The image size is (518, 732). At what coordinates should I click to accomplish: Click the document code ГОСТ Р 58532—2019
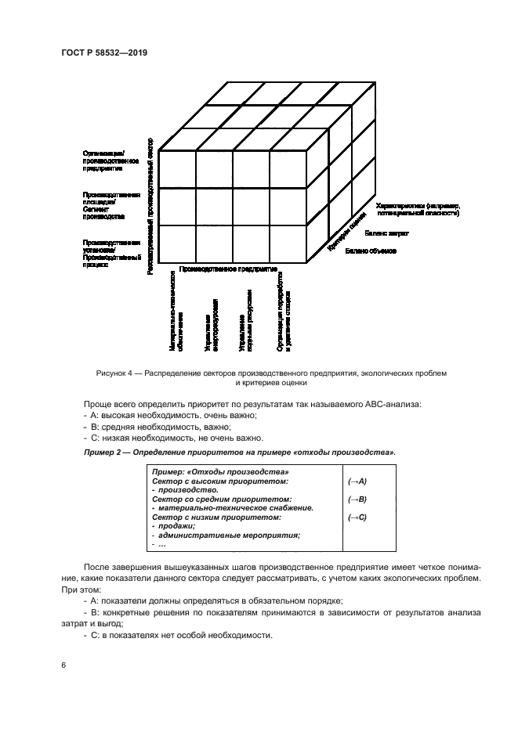tap(104, 52)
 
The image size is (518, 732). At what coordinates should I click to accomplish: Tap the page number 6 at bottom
tap(63, 664)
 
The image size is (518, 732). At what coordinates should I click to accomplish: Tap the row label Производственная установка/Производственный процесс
tap(111, 254)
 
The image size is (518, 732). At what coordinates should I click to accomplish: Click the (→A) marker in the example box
tap(357, 481)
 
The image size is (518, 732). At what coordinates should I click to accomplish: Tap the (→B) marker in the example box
tap(357, 499)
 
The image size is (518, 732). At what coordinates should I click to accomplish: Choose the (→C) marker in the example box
tap(357, 517)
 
